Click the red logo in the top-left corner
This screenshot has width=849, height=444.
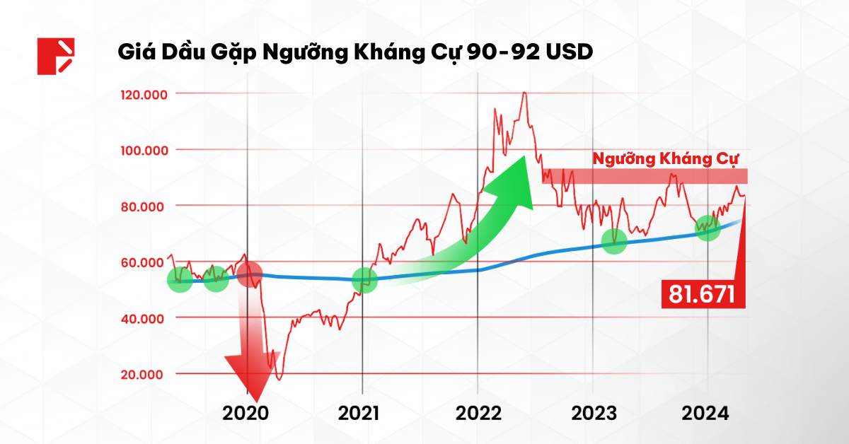56,56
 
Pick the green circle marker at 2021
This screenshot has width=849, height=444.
365,279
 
